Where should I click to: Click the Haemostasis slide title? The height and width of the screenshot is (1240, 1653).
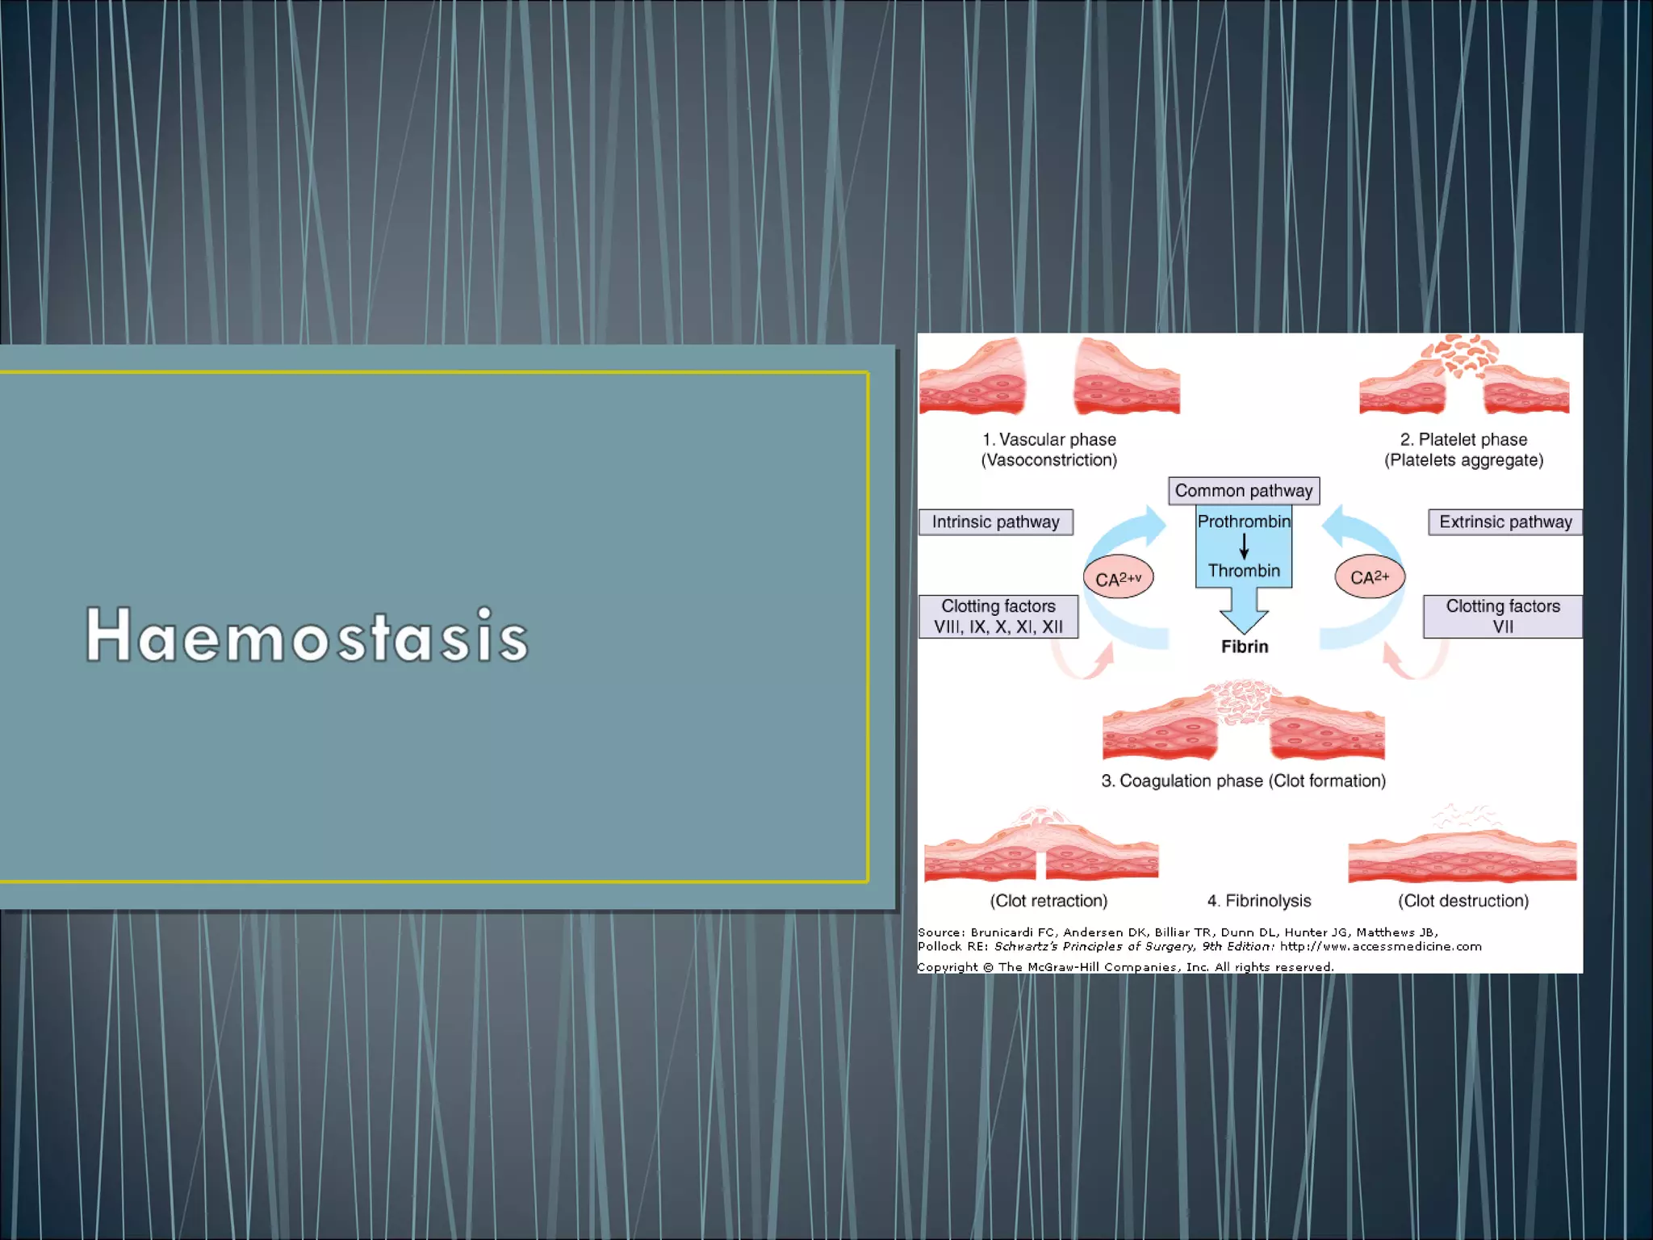pyautogui.click(x=307, y=635)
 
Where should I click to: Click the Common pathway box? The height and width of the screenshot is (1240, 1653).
pyautogui.click(x=1243, y=491)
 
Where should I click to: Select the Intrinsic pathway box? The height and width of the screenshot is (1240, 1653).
pyautogui.click(x=995, y=522)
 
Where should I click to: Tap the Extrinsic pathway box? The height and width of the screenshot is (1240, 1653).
pyautogui.click(x=1504, y=522)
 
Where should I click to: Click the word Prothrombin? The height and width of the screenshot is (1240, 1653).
pyautogui.click(x=1243, y=522)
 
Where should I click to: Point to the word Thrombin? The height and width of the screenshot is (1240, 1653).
pyautogui.click(x=1243, y=571)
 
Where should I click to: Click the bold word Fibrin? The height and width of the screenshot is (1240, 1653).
pyautogui.click(x=1244, y=647)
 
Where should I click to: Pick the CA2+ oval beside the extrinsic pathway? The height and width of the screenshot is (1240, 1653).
pyautogui.click(x=1370, y=577)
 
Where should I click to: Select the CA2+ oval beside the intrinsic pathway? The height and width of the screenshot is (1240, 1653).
pyautogui.click(x=1118, y=578)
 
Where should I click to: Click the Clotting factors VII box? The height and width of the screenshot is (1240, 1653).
pyautogui.click(x=1502, y=616)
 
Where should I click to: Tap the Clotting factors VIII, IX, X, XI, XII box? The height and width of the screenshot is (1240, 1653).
pyautogui.click(x=998, y=616)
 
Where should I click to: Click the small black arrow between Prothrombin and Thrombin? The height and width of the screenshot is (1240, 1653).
pyautogui.click(x=1244, y=547)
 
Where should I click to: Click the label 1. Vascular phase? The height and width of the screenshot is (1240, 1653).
pyautogui.click(x=1048, y=440)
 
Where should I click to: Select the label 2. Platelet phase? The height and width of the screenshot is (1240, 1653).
pyautogui.click(x=1463, y=440)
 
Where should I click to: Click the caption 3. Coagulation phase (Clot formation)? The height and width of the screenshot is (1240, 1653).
pyautogui.click(x=1243, y=781)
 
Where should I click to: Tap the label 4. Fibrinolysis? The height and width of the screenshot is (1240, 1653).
pyautogui.click(x=1258, y=901)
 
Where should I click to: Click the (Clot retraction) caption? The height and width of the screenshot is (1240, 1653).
pyautogui.click(x=1048, y=901)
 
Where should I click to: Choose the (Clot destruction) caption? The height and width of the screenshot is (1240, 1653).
pyautogui.click(x=1463, y=901)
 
